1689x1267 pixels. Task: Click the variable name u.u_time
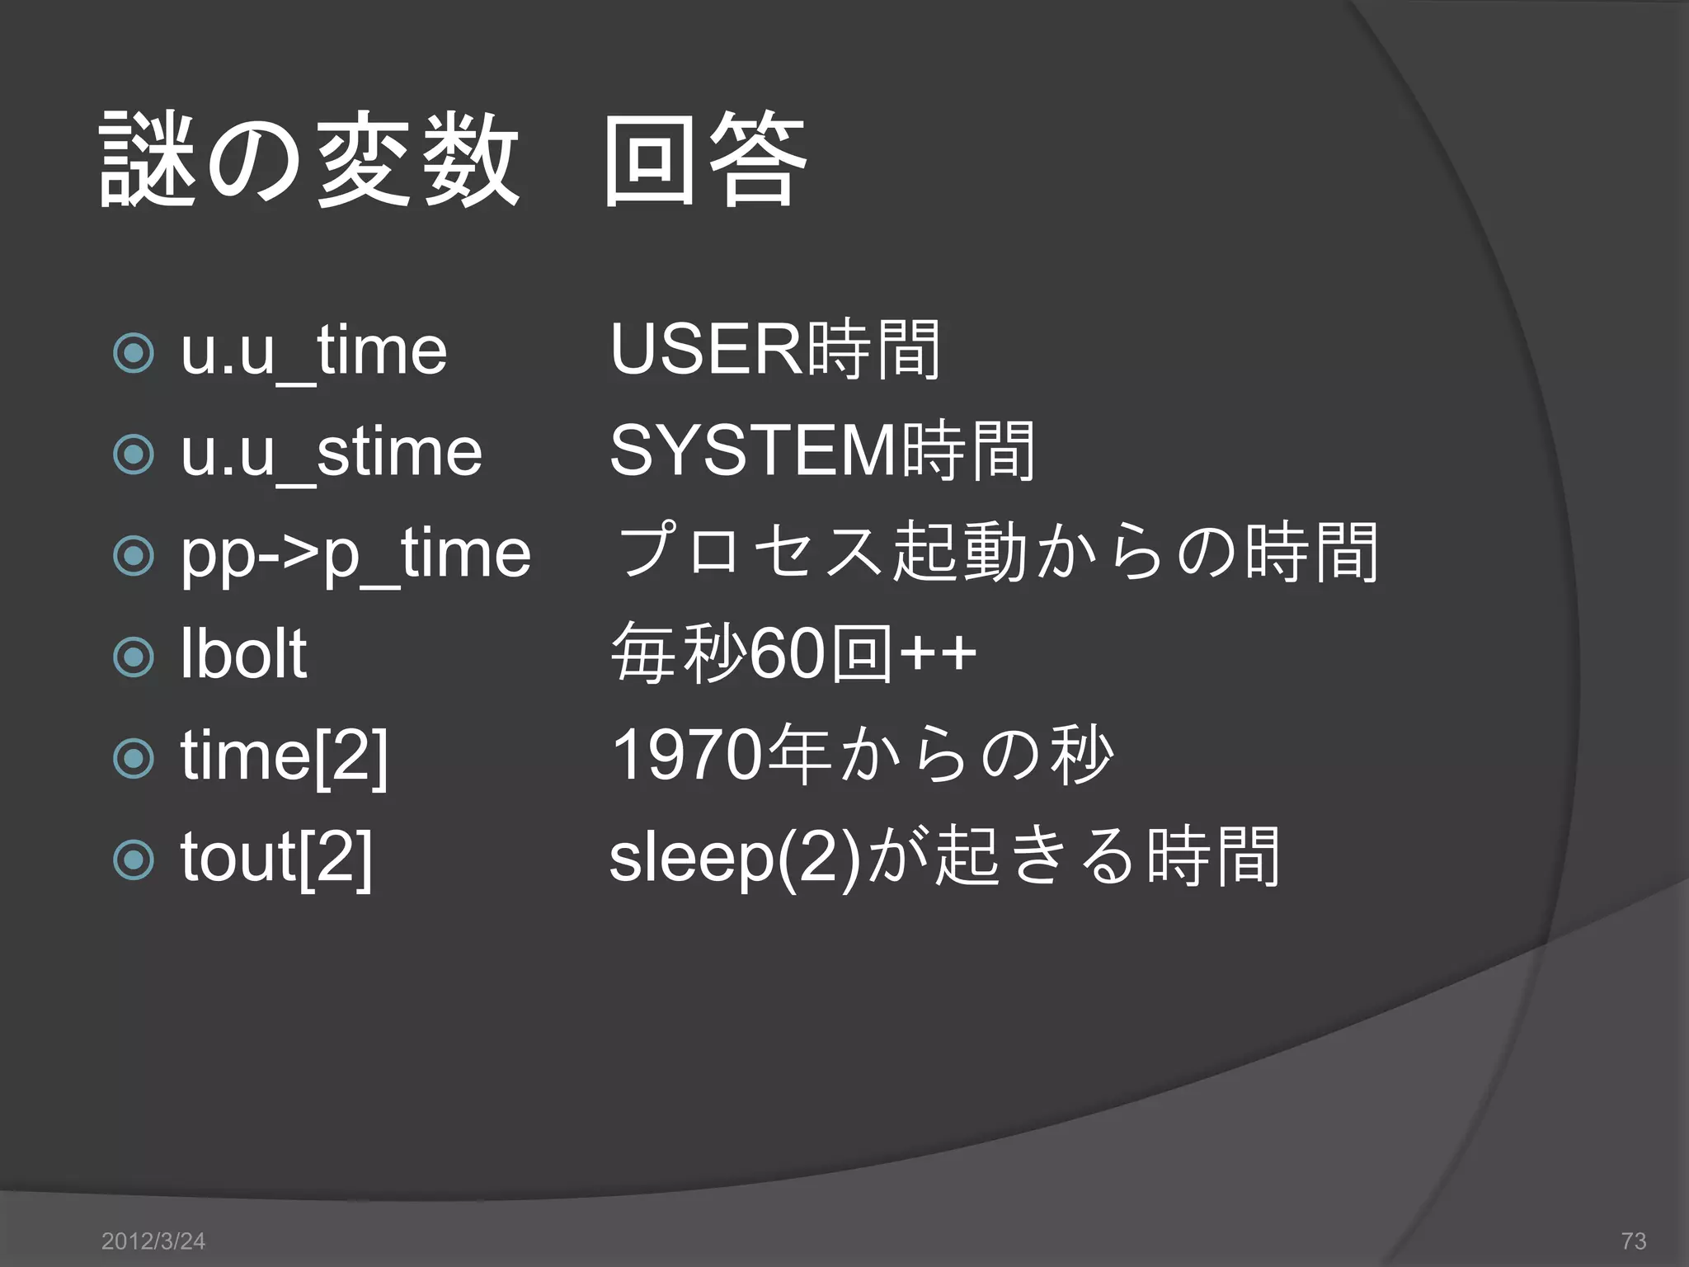point(313,352)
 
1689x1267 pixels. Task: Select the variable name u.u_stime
point(331,453)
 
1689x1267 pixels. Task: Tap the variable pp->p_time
point(355,554)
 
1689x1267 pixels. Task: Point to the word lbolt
point(243,655)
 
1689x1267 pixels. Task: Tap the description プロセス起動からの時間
point(998,552)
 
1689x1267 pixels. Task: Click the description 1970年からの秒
point(863,755)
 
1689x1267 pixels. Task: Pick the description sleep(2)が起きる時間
point(944,857)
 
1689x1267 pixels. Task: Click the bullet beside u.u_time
point(134,354)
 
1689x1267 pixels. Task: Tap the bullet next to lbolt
point(134,657)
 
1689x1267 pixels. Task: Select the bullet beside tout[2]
point(134,860)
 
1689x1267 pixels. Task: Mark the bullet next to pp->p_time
point(134,556)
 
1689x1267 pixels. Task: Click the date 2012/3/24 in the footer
point(153,1241)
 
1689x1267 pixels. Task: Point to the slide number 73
point(1633,1241)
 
